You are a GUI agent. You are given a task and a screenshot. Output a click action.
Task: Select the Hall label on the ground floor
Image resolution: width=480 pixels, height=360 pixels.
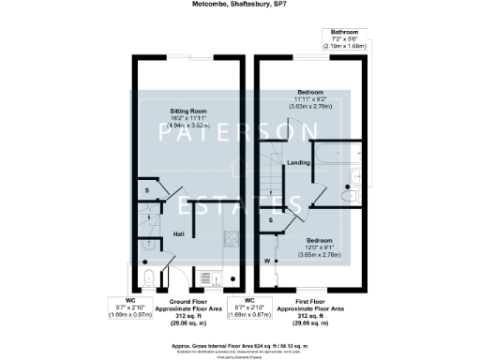tap(178, 233)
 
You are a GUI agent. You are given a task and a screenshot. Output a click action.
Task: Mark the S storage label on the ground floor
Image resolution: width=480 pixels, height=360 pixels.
tap(146, 190)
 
